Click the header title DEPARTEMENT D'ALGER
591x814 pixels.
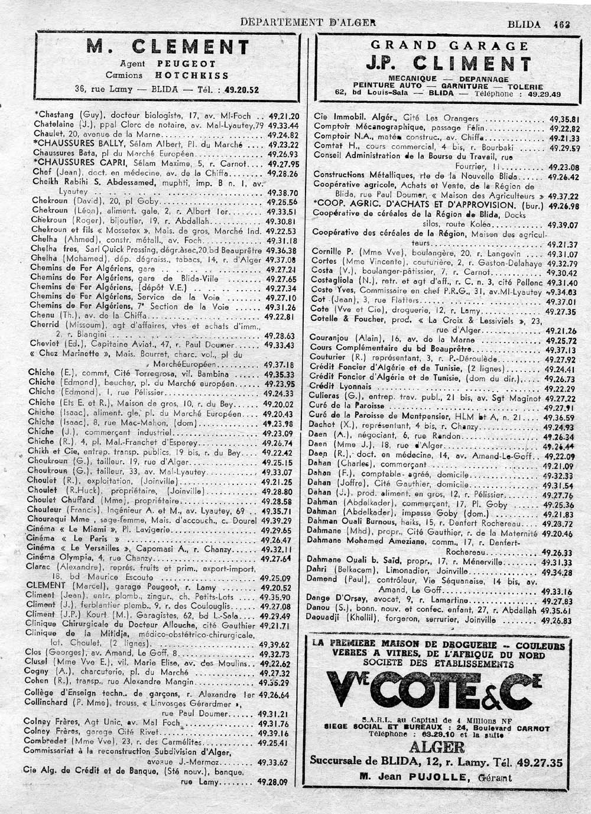(x=308, y=23)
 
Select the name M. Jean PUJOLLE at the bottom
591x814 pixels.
(x=436, y=777)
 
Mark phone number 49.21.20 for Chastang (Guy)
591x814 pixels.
(x=284, y=116)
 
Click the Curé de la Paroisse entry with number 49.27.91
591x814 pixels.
(x=348, y=406)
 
